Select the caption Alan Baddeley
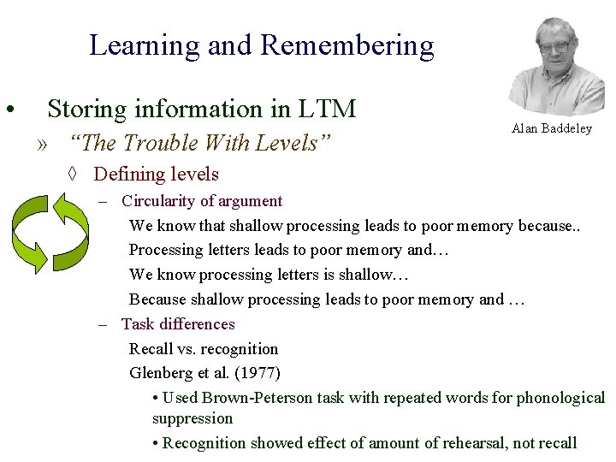(x=552, y=128)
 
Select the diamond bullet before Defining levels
(x=74, y=175)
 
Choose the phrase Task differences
(x=178, y=324)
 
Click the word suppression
(x=192, y=418)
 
